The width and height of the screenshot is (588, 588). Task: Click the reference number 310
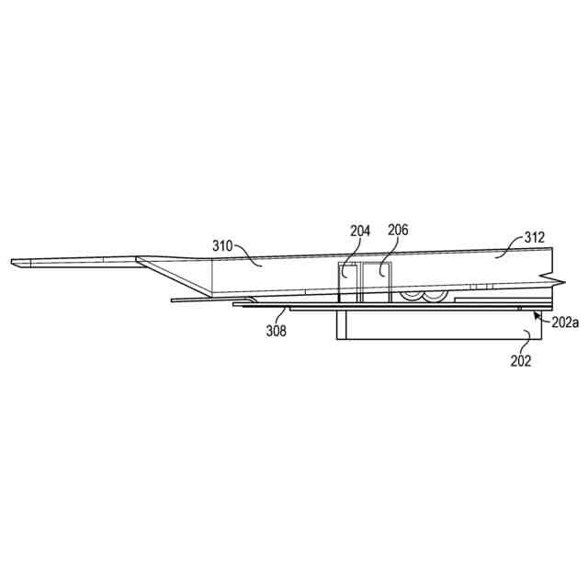[x=222, y=246]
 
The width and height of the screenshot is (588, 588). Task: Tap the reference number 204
[x=360, y=231]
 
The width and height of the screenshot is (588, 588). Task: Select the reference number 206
[x=398, y=230]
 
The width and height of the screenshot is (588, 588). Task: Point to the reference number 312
[x=534, y=237]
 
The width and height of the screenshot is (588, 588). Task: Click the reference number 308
[x=277, y=331]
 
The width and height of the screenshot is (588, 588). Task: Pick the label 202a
[x=565, y=322]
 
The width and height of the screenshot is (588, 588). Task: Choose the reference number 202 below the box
[x=521, y=361]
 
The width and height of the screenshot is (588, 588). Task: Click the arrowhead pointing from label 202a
[x=537, y=315]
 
